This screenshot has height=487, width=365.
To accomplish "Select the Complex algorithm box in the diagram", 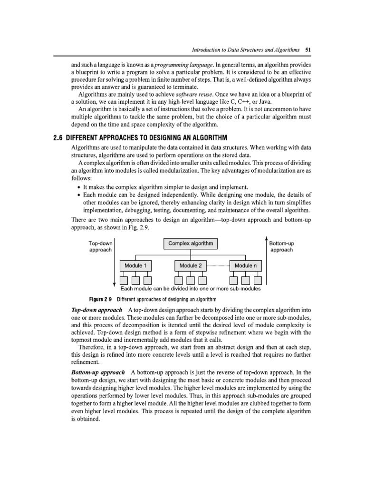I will [x=191, y=244].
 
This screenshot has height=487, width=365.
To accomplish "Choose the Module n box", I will [x=245, y=265].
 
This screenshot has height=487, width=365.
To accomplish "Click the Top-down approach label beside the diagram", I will [x=100, y=247].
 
